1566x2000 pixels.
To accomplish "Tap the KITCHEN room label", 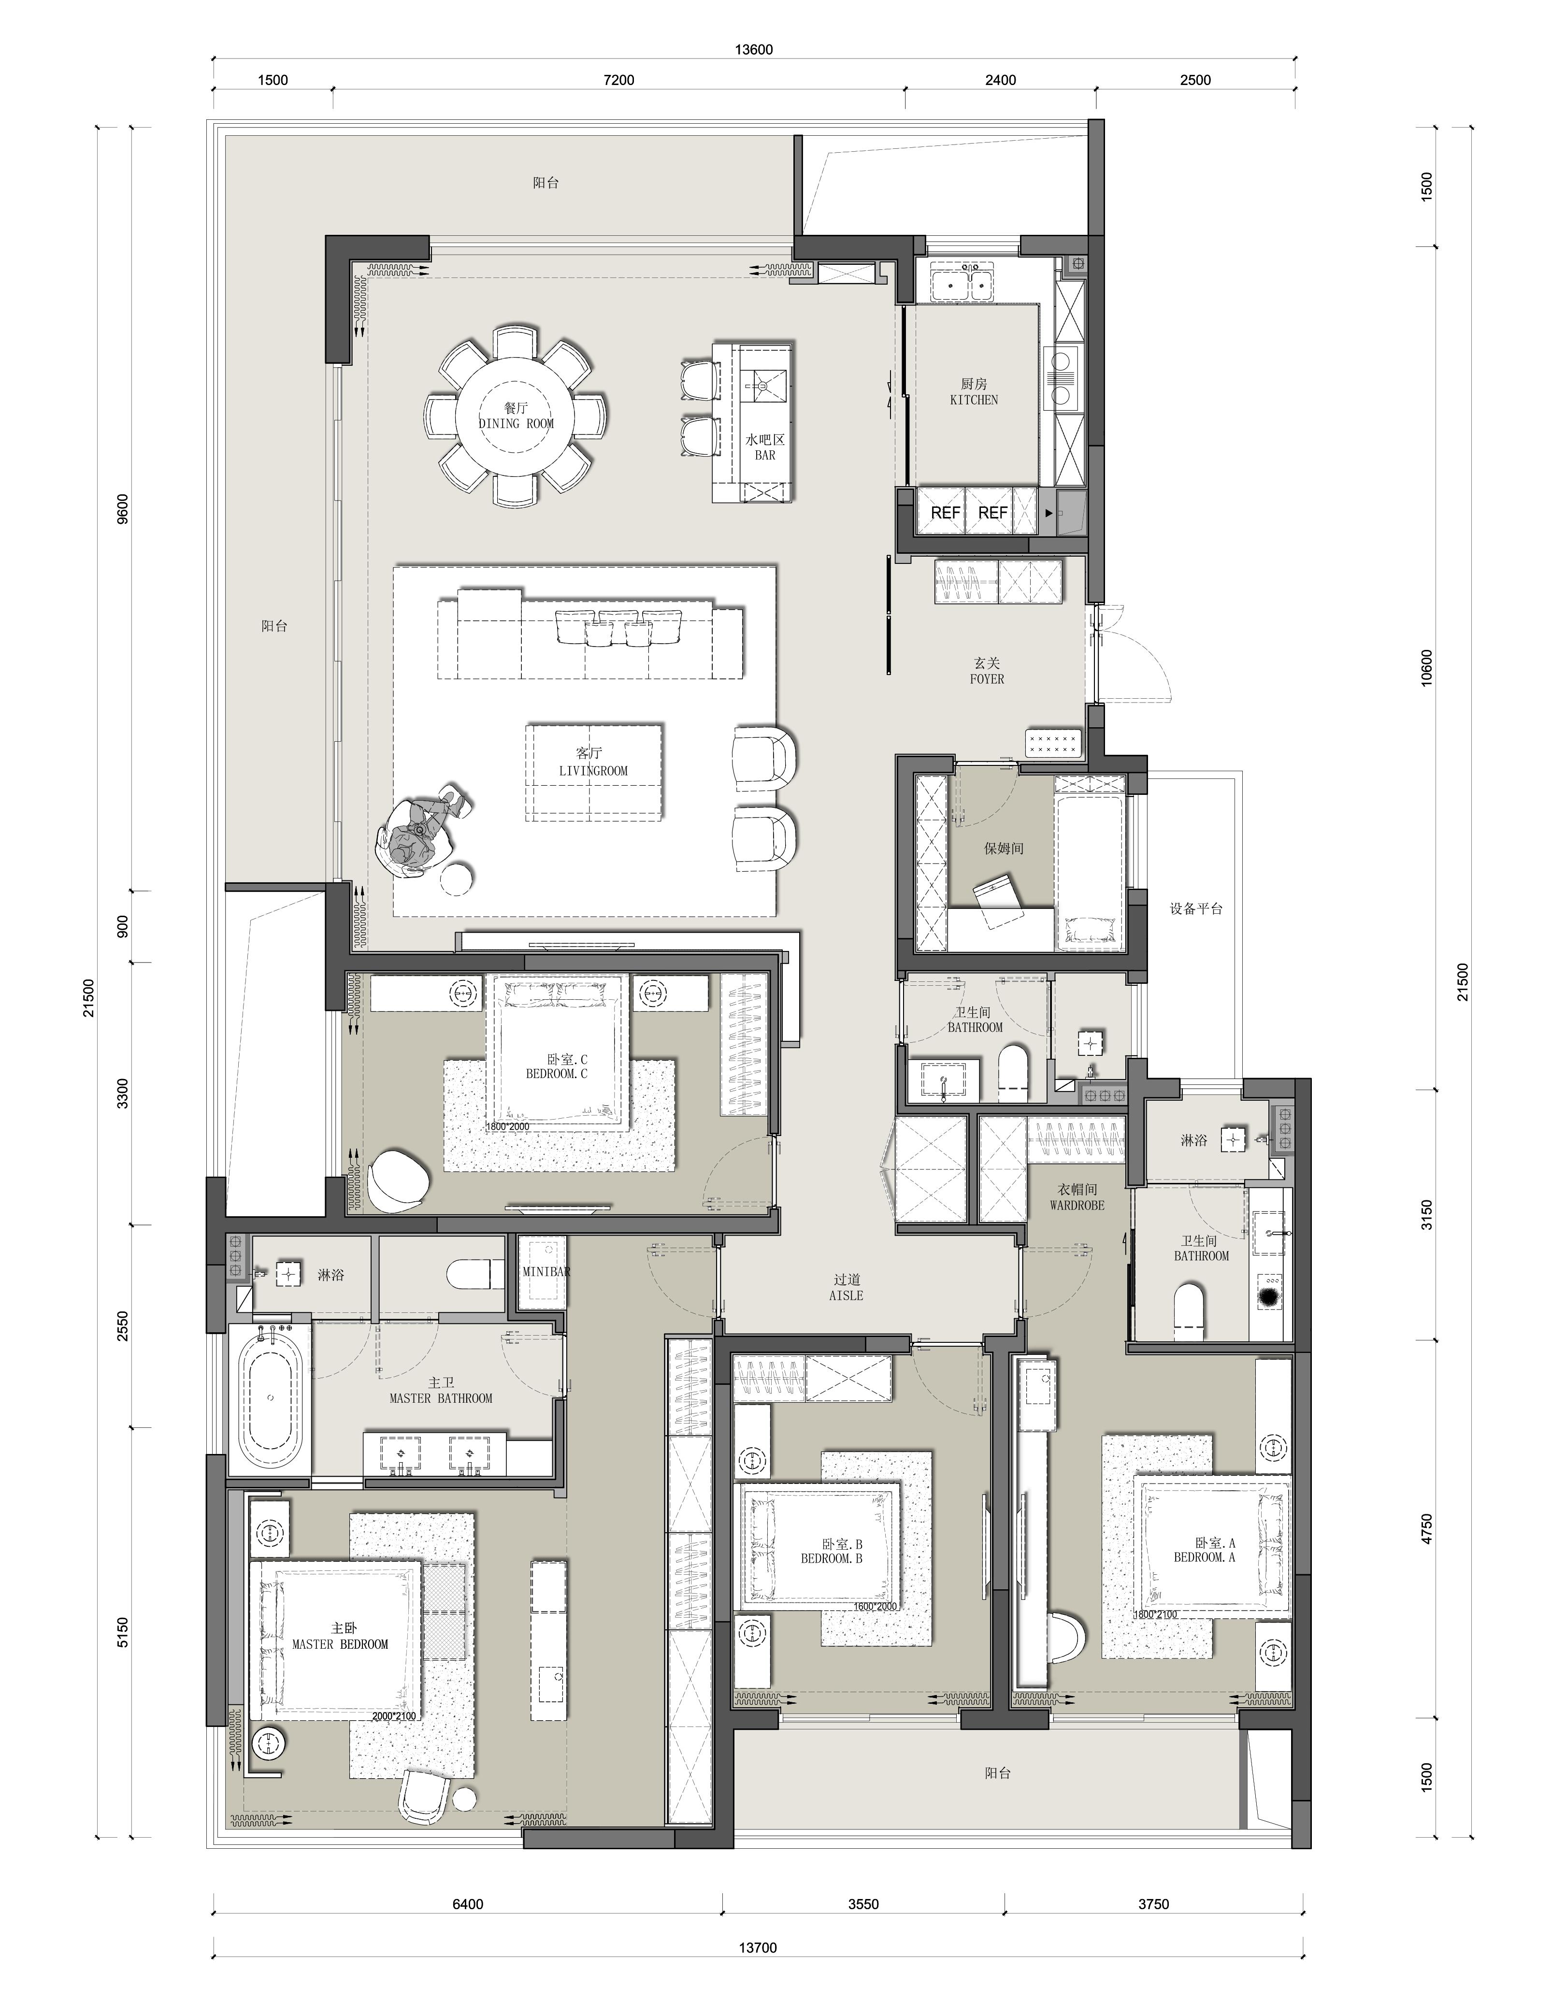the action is [x=974, y=400].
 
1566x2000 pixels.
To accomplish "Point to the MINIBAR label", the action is [x=546, y=1272].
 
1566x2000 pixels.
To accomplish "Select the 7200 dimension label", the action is [x=619, y=80].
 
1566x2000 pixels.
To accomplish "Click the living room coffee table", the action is [x=594, y=772].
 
